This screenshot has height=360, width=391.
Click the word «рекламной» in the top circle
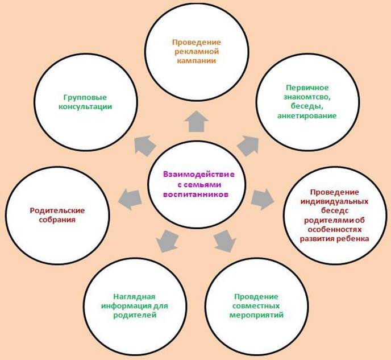tap(197, 52)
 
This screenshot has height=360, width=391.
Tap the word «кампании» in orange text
tap(197, 61)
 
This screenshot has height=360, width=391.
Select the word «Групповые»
tap(85, 97)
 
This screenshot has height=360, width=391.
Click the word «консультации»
tap(85, 106)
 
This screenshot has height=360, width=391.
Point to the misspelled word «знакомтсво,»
tap(307, 97)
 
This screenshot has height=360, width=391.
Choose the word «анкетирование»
tap(307, 116)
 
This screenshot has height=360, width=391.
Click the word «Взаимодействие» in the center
tap(199, 175)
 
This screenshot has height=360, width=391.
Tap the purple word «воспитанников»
tap(195, 195)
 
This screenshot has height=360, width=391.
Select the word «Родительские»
tap(57, 210)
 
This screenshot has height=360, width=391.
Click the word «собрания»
tap(57, 220)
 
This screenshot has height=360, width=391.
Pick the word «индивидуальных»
tap(334, 201)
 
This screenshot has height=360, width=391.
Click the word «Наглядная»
tap(134, 297)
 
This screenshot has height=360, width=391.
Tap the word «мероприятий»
tap(256, 315)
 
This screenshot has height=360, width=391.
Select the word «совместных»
tap(256, 306)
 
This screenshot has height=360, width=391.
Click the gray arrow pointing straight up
tap(197, 122)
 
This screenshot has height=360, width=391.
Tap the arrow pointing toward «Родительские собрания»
tap(130, 199)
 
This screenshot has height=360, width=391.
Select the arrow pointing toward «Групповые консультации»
tap(144, 146)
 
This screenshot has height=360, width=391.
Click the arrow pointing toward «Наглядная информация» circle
tap(167, 241)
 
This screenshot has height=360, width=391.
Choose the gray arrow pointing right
tap(263, 199)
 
